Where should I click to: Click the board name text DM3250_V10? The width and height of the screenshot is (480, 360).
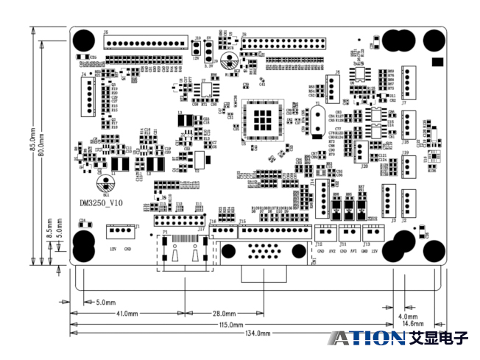coord(101,202)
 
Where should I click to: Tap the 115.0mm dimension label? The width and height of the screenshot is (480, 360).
coord(230,324)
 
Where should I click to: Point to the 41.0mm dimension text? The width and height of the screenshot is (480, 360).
coord(127,314)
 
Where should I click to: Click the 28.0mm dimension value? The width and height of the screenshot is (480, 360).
coord(224,314)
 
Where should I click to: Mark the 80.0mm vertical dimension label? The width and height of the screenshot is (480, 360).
coord(42,144)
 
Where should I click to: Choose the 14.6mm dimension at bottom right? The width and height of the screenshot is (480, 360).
coord(412,324)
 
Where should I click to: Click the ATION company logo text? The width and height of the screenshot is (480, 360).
coord(366,338)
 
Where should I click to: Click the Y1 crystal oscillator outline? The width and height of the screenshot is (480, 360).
coord(317,121)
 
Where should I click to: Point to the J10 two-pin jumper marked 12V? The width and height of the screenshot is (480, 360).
coord(197,47)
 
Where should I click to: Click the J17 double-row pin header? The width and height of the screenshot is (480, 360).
coord(180,221)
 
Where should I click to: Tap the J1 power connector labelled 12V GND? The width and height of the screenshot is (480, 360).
coord(118,232)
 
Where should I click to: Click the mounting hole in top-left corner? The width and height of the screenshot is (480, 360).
coord(83,40)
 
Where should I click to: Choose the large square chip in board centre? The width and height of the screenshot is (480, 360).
coord(261,117)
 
